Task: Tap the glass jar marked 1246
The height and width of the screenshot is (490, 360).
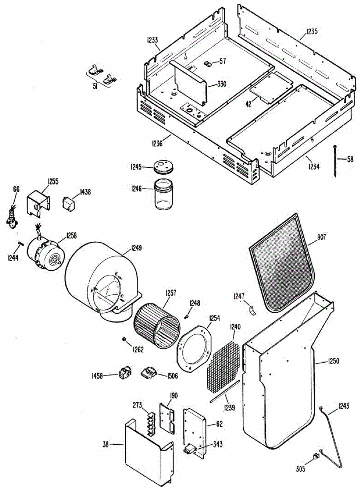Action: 164,196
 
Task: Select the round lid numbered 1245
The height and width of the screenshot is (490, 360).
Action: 164,167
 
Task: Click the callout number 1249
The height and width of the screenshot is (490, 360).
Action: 137,247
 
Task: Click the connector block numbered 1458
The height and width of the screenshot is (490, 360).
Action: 124,373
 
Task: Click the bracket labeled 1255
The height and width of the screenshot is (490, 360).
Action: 38,202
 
